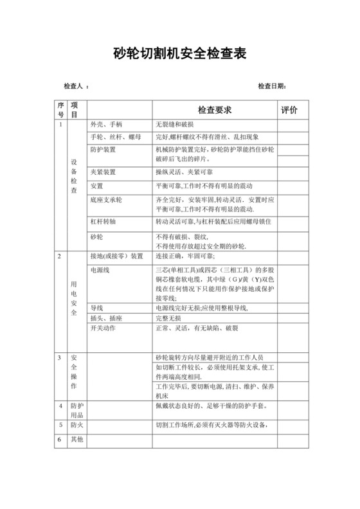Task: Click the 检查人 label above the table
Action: pyautogui.click(x=75, y=86)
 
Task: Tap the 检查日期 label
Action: pyautogui.click(x=271, y=86)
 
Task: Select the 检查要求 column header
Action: pyautogui.click(x=215, y=111)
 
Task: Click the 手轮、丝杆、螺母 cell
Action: pyautogui.click(x=116, y=137)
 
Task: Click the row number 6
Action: pyautogui.click(x=59, y=440)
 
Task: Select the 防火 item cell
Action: pyautogui.click(x=76, y=425)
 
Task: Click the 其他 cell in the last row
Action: pyautogui.click(x=76, y=440)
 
